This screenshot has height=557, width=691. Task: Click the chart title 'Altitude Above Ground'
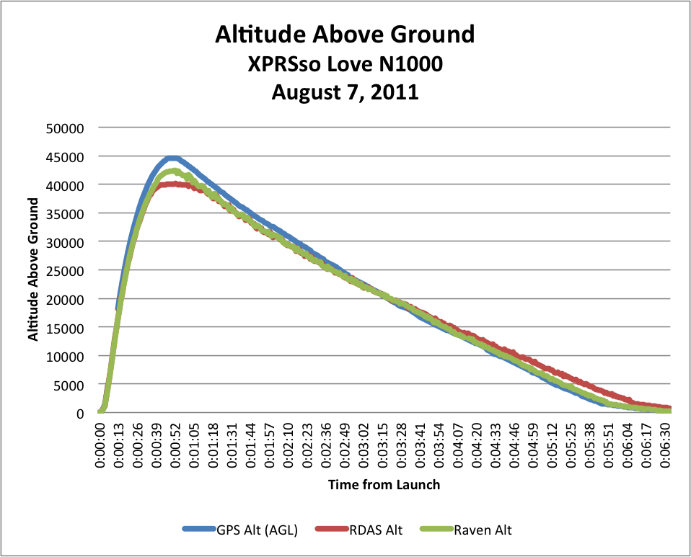click(345, 35)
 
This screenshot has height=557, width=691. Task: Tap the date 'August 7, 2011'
click(345, 92)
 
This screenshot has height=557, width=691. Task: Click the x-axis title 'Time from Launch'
click(384, 485)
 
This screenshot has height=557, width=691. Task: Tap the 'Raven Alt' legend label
click(483, 530)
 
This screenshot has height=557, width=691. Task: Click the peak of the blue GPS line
click(172, 158)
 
